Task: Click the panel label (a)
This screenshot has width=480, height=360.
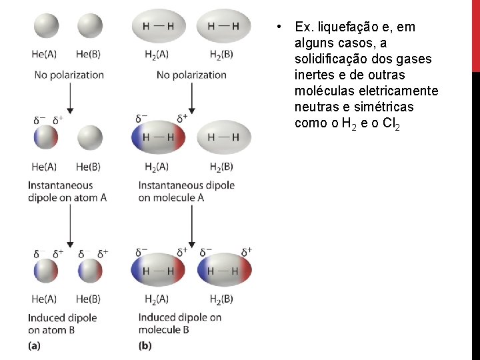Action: tap(34, 345)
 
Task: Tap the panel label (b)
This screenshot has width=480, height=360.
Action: tap(145, 345)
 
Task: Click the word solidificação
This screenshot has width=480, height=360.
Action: tap(335, 59)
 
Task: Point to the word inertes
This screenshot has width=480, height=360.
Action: tap(317, 75)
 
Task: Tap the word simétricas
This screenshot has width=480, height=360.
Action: tap(388, 107)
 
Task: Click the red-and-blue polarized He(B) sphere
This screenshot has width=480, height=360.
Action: tap(90, 271)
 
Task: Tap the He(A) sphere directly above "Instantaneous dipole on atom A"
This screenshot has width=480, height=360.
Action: tap(45, 138)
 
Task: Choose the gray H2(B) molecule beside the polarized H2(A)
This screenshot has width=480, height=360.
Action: tap(225, 138)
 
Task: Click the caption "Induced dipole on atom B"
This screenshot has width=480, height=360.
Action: tap(63, 323)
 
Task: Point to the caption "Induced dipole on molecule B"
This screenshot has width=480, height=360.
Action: tap(180, 323)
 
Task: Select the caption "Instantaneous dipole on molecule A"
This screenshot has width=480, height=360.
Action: tap(187, 191)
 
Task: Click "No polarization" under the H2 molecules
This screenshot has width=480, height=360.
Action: tap(191, 75)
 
